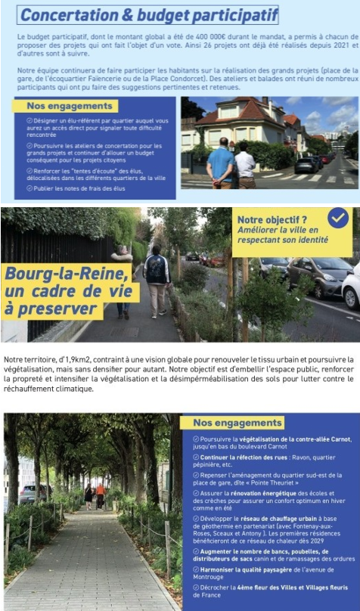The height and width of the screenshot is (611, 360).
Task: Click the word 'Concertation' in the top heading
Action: pos(65,14)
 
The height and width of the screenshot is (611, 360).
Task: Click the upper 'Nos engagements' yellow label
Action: pos(60,107)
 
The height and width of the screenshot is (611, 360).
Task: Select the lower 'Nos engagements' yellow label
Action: pos(237,423)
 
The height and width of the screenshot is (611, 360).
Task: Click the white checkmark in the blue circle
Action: pos(338,218)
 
